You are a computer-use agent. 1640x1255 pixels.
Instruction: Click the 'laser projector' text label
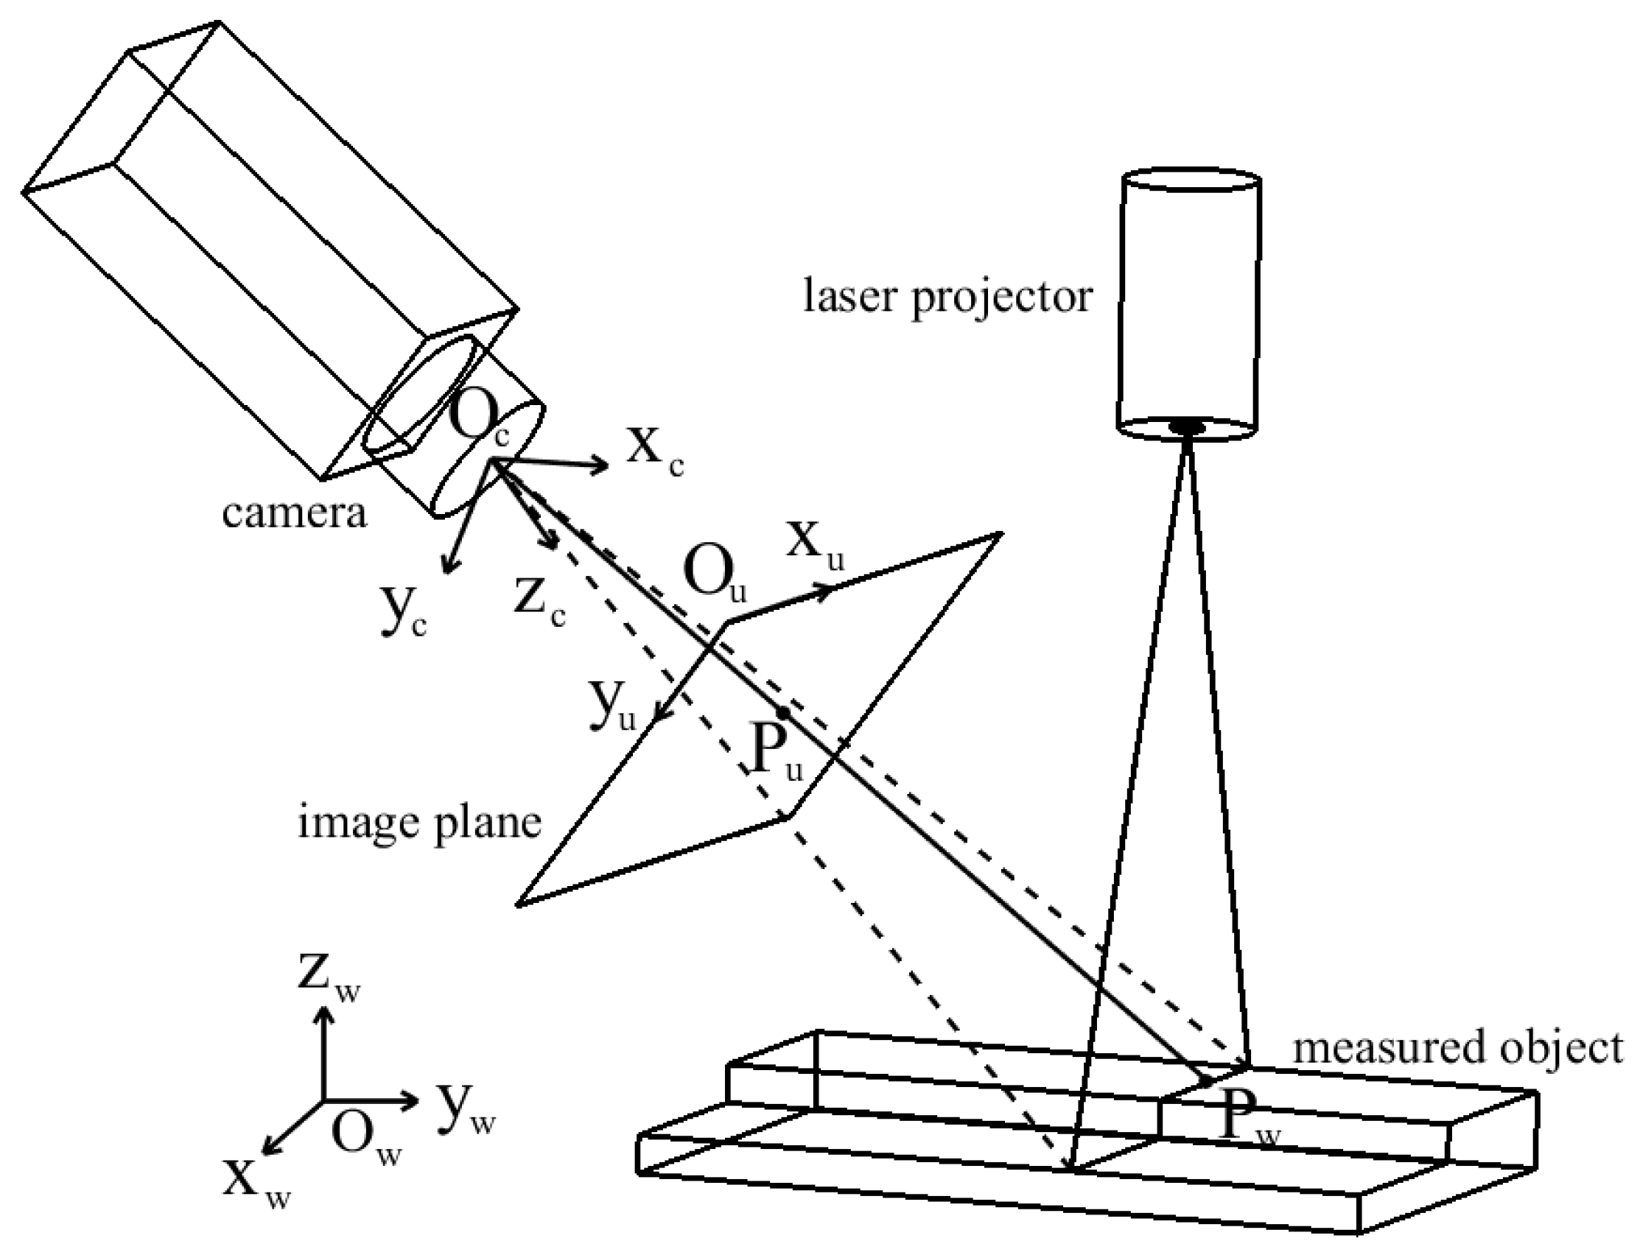pos(947,298)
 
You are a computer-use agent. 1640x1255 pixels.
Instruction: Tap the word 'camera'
pos(295,513)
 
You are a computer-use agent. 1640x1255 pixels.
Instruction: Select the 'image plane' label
pos(419,825)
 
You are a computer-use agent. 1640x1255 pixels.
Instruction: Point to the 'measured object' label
pos(1457,1048)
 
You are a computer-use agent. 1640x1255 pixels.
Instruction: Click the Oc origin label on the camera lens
pos(478,422)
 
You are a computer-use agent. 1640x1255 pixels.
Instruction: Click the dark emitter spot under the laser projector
pos(1186,426)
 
